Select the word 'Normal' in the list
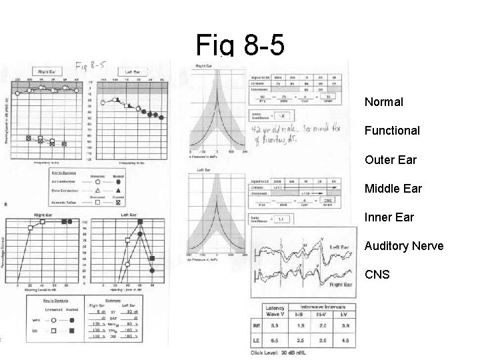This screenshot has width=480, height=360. pos(383,103)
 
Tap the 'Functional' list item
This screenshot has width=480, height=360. pos(392,131)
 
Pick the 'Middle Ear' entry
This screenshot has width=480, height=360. pos(393,189)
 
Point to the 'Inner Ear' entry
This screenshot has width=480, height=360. pos(389,217)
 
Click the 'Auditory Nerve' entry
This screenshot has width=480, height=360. pos(403,246)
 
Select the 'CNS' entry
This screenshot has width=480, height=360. pos(377,275)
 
